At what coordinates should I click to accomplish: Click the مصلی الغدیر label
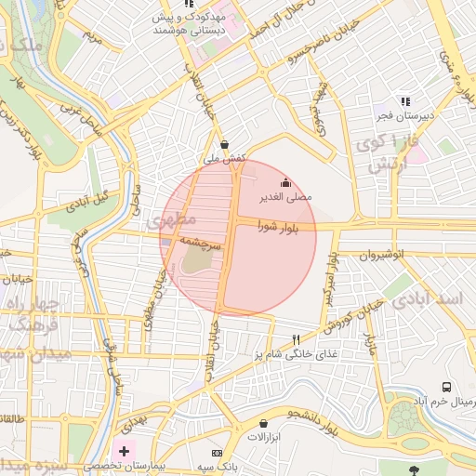click(291, 197)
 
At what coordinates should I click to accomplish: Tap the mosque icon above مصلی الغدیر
click(284, 183)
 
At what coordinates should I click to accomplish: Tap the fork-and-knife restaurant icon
click(297, 340)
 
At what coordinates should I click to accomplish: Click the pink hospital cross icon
click(125, 450)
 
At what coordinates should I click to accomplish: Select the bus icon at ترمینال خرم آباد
click(447, 387)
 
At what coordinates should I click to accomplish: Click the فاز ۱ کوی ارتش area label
click(385, 153)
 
